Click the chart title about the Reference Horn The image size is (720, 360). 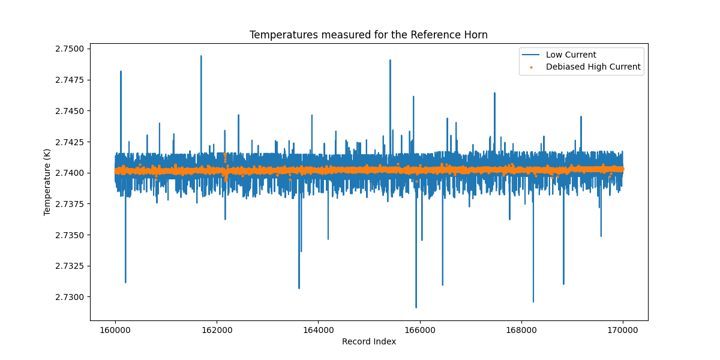[x=368, y=35]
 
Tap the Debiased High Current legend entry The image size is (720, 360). [x=593, y=67]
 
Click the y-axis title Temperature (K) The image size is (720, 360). [x=47, y=182]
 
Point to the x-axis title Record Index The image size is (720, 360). [x=369, y=341]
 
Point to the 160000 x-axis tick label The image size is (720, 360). [x=115, y=329]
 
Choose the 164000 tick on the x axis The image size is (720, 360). [x=318, y=329]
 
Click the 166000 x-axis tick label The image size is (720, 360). [x=420, y=329]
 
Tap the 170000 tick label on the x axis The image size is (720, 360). [x=623, y=329]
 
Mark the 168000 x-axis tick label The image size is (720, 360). [x=521, y=329]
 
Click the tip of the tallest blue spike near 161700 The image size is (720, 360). [x=201, y=56]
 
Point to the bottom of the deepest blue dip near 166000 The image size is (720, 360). [x=416, y=307]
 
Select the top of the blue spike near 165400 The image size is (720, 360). [x=390, y=60]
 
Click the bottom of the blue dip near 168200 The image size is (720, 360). [x=533, y=302]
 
